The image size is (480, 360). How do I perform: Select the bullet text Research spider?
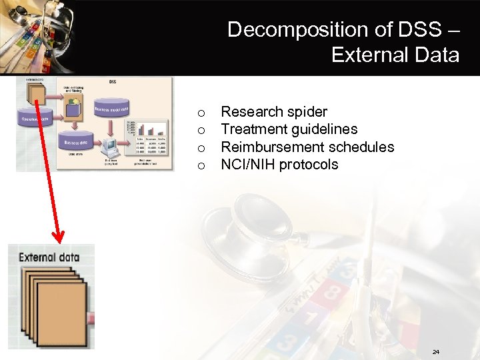coord(274,112)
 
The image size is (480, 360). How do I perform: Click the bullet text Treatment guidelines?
coord(289,129)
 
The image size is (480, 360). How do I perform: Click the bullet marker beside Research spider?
coord(202,113)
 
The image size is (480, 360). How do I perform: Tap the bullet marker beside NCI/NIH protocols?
coord(202,165)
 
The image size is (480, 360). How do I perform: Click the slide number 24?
coord(436,351)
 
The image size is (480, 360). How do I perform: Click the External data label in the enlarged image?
coord(49,257)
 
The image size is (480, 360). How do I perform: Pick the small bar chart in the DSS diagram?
coord(147,128)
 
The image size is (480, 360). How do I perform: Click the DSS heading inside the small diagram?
coord(111,81)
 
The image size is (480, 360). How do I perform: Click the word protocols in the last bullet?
coord(309,165)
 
